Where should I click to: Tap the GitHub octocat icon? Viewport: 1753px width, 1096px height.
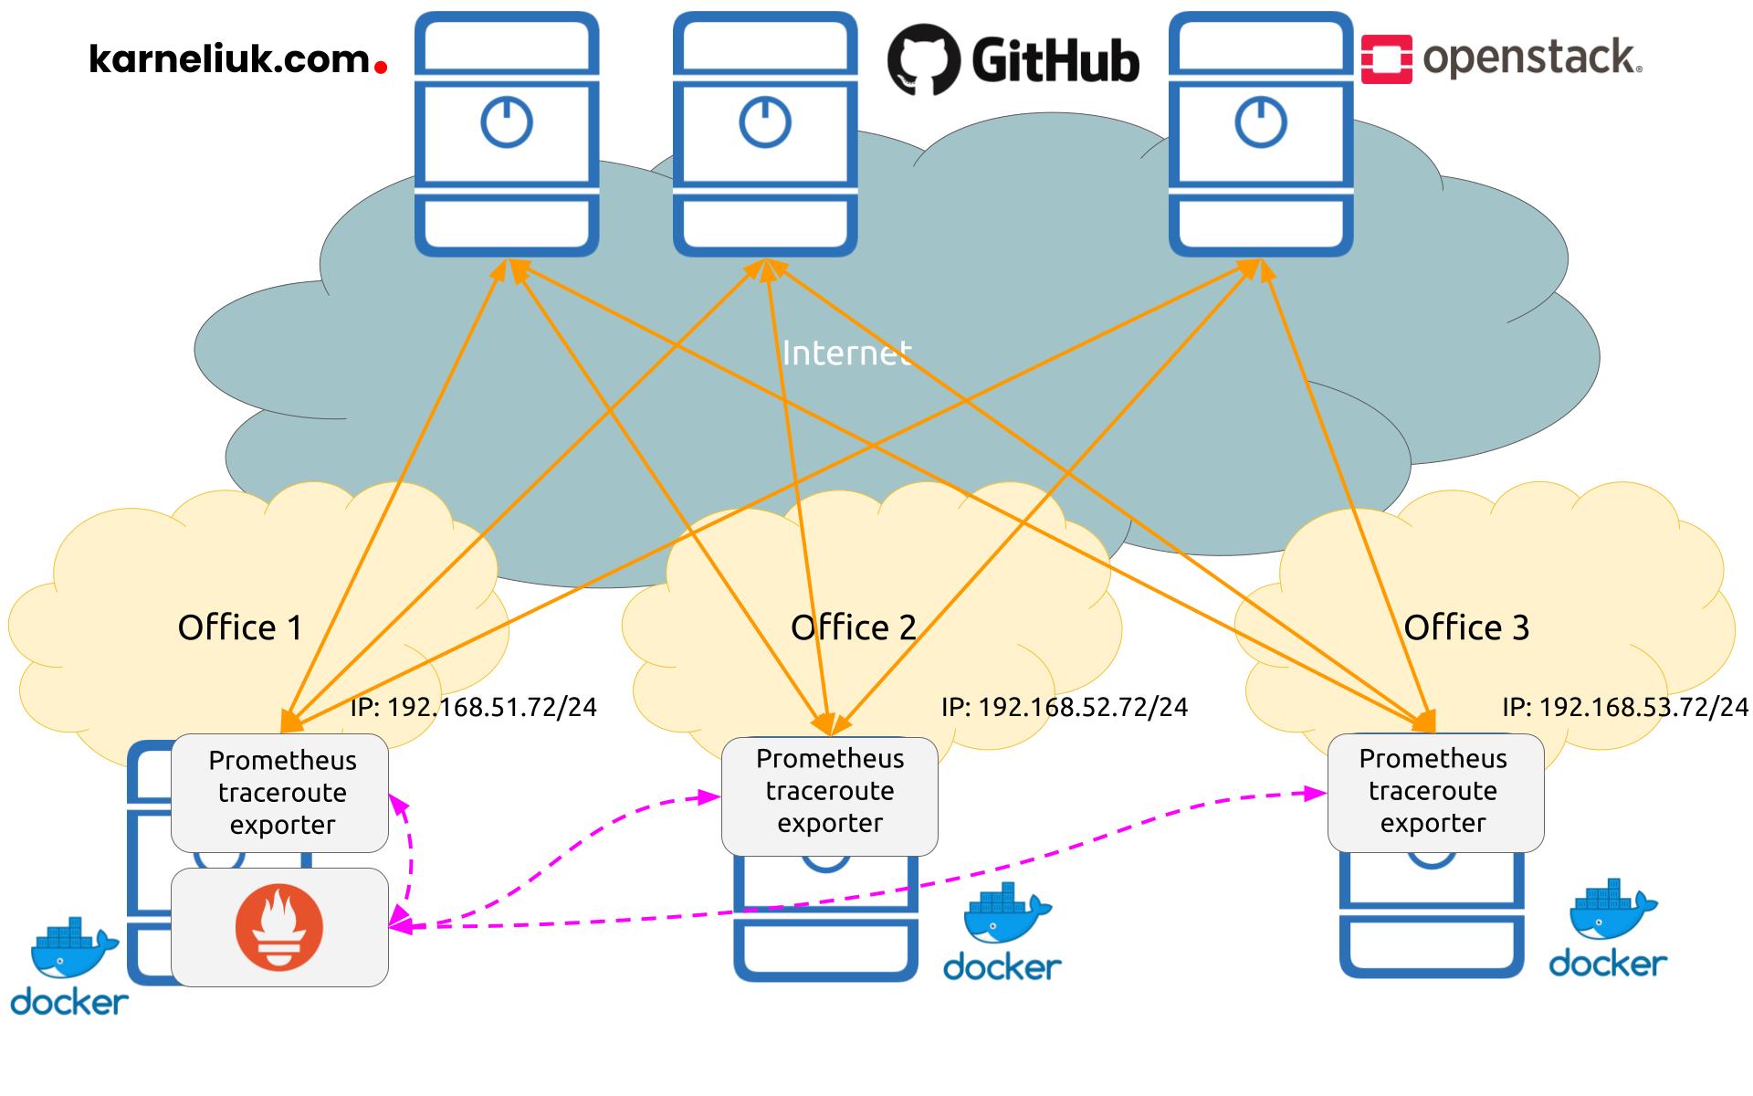(923, 59)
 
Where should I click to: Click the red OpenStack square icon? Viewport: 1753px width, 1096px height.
(1386, 59)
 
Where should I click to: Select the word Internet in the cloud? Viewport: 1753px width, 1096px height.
(846, 353)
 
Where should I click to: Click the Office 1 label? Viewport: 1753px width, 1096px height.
(239, 627)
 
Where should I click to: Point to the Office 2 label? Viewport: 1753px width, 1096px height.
(853, 627)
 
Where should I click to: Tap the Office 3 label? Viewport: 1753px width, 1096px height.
(1465, 627)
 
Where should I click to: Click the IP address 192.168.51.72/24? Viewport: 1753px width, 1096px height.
(473, 707)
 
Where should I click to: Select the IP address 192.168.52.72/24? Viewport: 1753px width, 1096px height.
(1065, 707)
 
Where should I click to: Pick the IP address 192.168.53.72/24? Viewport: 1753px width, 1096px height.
(1625, 707)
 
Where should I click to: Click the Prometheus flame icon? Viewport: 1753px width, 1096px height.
(279, 928)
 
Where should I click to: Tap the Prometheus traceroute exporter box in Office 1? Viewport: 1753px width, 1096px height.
(281, 793)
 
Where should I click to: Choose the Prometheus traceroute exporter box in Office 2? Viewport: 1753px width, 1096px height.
(829, 792)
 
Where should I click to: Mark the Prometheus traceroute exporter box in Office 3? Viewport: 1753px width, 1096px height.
(1433, 792)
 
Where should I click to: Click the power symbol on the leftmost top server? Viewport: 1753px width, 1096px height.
(507, 122)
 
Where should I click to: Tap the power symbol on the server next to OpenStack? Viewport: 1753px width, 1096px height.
(1261, 122)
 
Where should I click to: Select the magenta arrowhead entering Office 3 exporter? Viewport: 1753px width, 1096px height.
(1317, 795)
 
